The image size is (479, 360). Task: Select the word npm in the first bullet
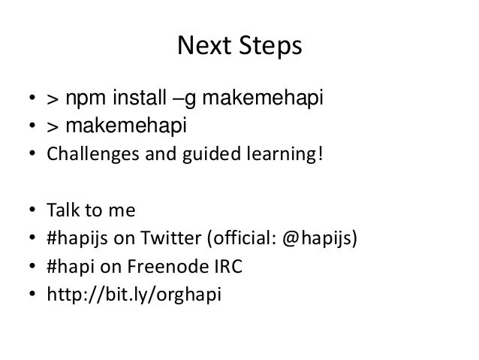[x=85, y=98]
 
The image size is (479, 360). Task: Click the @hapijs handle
[x=318, y=241]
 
